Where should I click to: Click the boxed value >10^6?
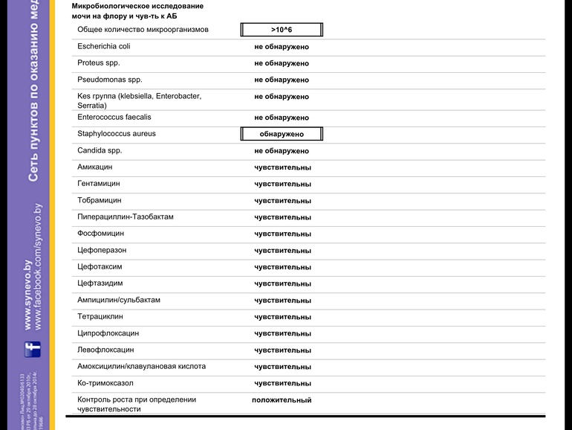[282, 30]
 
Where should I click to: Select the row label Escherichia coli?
[104, 46]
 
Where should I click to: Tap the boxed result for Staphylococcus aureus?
[282, 135]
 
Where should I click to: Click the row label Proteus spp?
[99, 63]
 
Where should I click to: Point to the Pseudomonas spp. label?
[110, 80]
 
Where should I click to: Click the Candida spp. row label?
[100, 150]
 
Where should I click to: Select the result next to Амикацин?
[282, 167]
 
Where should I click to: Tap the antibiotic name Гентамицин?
[99, 184]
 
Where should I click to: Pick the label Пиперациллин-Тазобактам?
[126, 217]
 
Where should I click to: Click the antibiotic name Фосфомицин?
[100, 234]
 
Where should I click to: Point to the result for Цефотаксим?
[282, 267]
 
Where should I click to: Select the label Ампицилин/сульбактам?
[119, 301]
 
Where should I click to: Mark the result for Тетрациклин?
[282, 317]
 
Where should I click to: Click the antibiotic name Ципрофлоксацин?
[108, 333]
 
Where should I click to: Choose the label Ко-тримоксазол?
[105, 383]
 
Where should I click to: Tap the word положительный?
[282, 400]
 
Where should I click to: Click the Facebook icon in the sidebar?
[33, 348]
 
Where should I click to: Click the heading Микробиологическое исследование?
[137, 6]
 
